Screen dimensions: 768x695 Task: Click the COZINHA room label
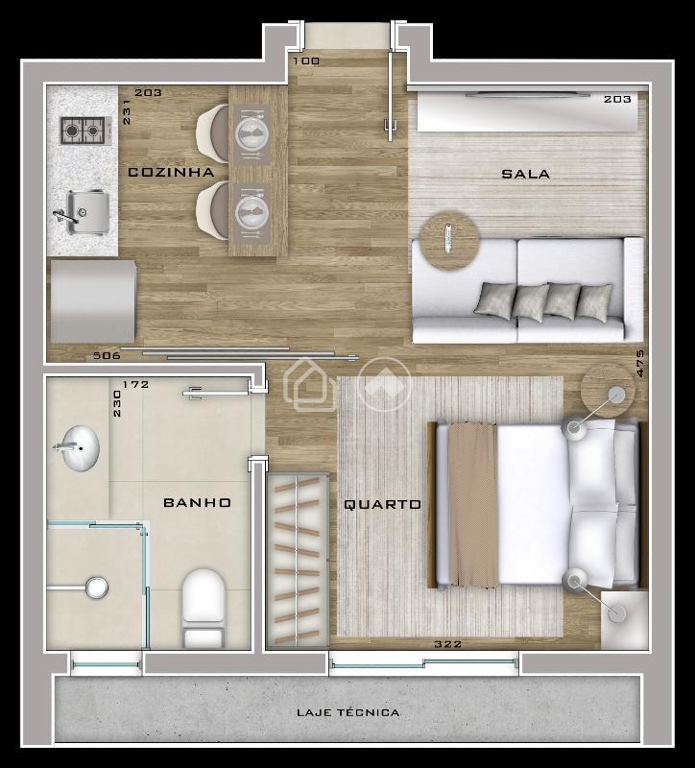(171, 173)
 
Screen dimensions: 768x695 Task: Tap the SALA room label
(526, 174)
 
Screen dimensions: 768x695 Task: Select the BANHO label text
(197, 502)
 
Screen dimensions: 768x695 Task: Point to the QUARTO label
(382, 504)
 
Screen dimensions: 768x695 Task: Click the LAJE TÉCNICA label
(347, 712)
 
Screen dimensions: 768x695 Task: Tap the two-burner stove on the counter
(82, 131)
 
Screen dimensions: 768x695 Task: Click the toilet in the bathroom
(203, 607)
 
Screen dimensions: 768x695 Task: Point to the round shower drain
(96, 585)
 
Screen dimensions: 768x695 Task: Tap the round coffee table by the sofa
(447, 237)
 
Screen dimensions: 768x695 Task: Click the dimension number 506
(107, 355)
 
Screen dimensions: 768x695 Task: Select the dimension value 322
(447, 644)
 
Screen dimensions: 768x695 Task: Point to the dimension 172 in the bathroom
(135, 385)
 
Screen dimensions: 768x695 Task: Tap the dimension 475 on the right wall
(639, 364)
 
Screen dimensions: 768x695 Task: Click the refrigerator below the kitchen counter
(93, 300)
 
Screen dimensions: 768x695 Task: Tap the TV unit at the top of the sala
(526, 111)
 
